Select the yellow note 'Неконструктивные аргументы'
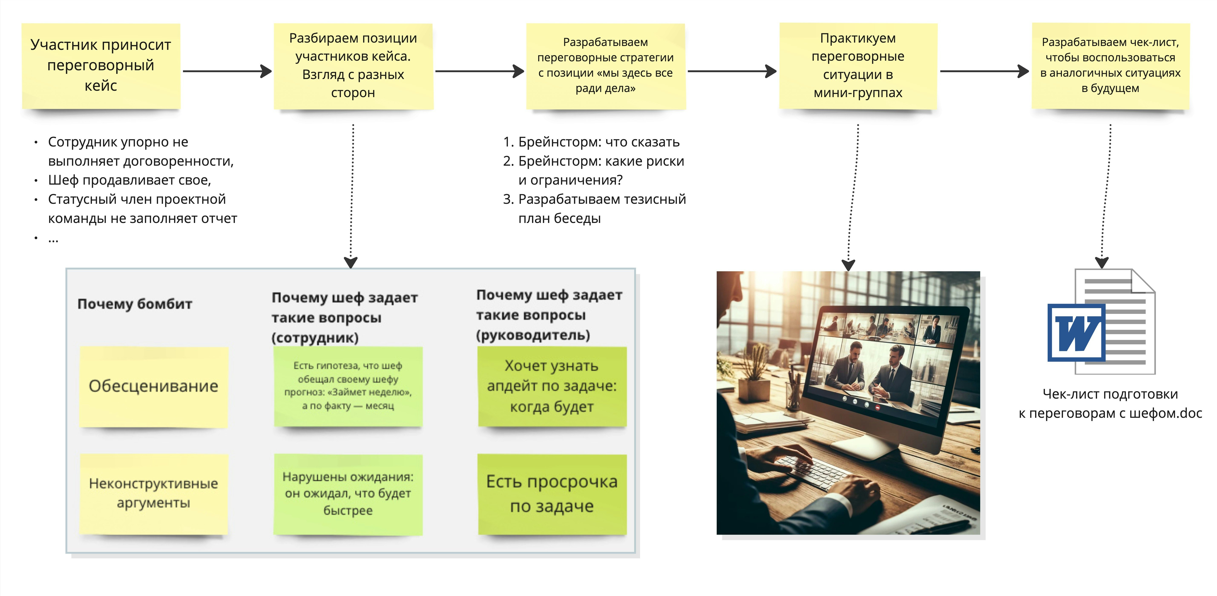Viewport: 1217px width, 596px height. (x=154, y=494)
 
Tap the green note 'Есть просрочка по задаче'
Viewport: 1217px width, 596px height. (x=552, y=494)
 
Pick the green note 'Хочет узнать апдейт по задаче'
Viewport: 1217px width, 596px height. (x=552, y=386)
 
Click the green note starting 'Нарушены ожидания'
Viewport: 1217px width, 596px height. (x=348, y=494)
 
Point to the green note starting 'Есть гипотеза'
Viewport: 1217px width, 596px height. (x=348, y=386)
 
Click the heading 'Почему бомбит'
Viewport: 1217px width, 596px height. (x=135, y=304)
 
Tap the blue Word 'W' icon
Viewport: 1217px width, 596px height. (x=1076, y=333)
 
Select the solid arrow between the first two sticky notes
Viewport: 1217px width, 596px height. (x=227, y=71)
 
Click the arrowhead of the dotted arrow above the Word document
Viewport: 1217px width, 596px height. (x=1102, y=262)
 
